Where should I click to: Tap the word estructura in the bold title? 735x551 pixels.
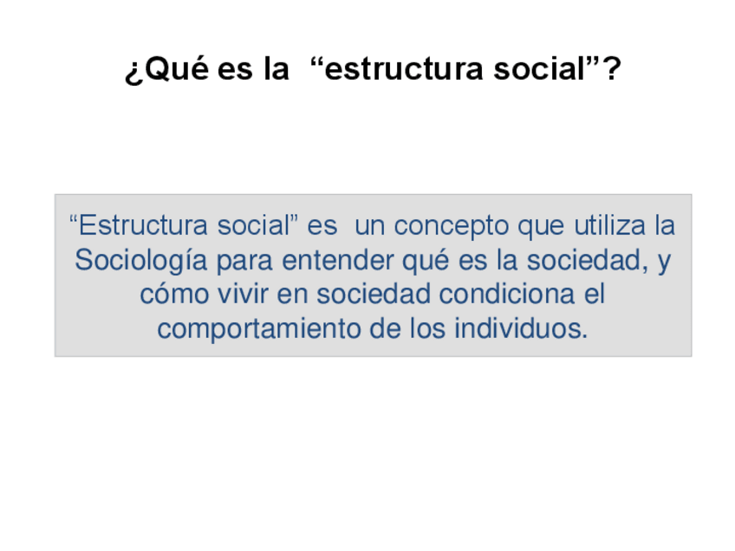pos(403,69)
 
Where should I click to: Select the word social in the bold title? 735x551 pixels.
pos(539,68)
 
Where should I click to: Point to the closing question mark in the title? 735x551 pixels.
pos(611,68)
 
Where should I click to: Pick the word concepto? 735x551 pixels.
pos(452,227)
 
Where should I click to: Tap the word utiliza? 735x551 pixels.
pos(610,225)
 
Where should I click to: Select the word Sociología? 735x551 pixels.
pos(140,261)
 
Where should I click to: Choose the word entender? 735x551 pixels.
pos(337,260)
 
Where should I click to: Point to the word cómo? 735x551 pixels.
pos(174,295)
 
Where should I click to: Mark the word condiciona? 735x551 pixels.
pos(507,295)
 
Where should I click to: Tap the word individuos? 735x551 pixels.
pos(521,328)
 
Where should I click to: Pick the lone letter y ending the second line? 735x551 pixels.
pos(665,263)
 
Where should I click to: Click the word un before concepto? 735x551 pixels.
pos(370,227)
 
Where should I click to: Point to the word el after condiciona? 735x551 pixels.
pos(595,295)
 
